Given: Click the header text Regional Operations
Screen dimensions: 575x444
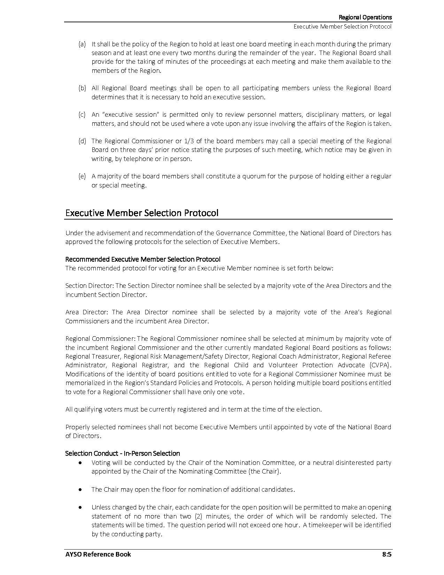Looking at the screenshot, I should pyautogui.click(x=365, y=17).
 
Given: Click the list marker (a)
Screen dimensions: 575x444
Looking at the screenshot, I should pyautogui.click(x=82, y=44).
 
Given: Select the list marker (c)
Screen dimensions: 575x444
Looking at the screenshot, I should pyautogui.click(x=82, y=115).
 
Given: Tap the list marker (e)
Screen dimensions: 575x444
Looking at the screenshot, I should pyautogui.click(x=82, y=176).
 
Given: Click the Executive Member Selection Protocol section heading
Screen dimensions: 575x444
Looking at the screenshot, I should pyautogui.click(x=142, y=213).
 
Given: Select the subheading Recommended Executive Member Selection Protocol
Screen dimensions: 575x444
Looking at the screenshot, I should pyautogui.click(x=143, y=259).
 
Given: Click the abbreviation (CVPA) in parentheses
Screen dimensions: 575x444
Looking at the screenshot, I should pyautogui.click(x=379, y=365).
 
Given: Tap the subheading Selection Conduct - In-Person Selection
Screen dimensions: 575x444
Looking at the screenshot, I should pyautogui.click(x=123, y=453).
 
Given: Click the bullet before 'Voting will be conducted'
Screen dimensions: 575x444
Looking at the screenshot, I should pyautogui.click(x=81, y=463).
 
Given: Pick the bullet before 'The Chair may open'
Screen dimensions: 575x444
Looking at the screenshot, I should pyautogui.click(x=81, y=490).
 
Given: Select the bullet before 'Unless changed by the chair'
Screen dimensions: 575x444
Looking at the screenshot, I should pyautogui.click(x=81, y=507).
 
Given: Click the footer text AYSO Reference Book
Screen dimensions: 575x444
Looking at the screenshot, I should pyautogui.click(x=98, y=554).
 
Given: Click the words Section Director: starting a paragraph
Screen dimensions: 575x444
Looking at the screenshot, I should pyautogui.click(x=89, y=286).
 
